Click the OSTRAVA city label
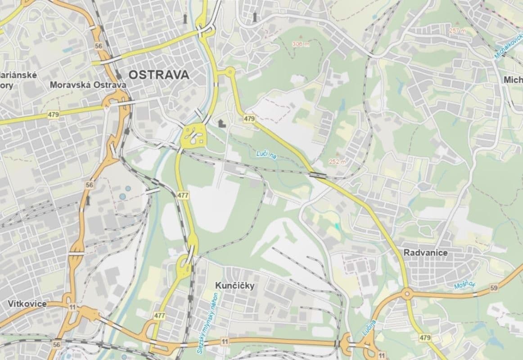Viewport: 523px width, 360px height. point(159,75)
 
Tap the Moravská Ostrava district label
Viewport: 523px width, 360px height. point(88,85)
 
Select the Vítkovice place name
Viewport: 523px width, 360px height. point(27,304)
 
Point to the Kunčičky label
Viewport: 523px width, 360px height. point(234,286)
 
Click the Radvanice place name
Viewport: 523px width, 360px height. point(425,253)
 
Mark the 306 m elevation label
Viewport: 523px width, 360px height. point(301,44)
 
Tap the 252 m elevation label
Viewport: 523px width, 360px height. point(337,162)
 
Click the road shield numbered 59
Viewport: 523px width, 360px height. point(494,288)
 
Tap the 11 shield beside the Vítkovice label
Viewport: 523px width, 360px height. point(72,306)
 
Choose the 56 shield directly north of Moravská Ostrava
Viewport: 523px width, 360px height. point(99,46)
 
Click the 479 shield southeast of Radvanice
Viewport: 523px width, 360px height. point(424,337)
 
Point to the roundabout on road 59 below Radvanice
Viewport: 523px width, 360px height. point(407,295)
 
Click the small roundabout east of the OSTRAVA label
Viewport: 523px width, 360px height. point(230,71)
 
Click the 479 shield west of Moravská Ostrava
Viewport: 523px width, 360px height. point(53,115)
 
